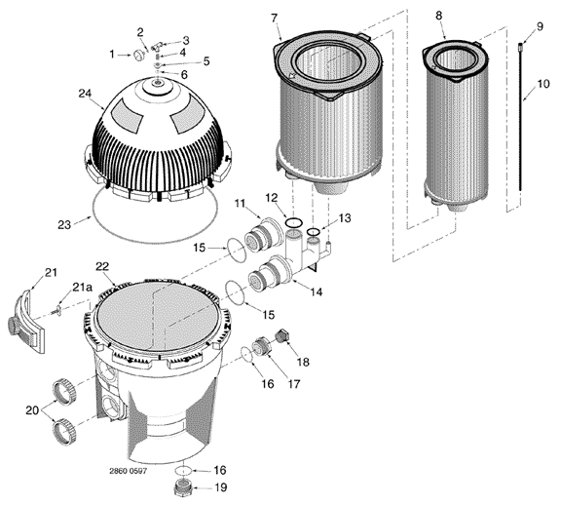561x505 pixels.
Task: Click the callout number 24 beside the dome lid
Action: point(85,94)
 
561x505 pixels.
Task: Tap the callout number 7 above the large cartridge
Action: point(274,18)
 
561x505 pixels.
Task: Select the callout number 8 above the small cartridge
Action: point(438,16)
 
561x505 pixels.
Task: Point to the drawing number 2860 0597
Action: point(129,471)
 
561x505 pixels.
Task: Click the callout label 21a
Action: point(82,287)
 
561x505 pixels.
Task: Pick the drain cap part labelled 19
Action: point(183,487)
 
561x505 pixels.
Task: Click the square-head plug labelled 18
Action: point(281,335)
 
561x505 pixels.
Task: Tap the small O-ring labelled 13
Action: point(313,232)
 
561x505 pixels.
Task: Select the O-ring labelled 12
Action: point(294,223)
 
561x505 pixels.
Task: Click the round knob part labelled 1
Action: point(139,56)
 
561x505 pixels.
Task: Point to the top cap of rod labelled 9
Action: point(520,45)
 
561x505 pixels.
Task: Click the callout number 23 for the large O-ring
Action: point(64,225)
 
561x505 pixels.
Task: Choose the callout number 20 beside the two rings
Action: point(32,410)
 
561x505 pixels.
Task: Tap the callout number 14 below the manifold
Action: point(317,291)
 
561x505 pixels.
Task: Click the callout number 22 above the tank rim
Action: point(102,267)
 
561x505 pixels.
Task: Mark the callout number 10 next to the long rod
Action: point(543,84)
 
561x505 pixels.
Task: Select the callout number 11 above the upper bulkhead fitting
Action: point(240,204)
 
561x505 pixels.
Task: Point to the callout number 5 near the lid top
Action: point(206,61)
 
